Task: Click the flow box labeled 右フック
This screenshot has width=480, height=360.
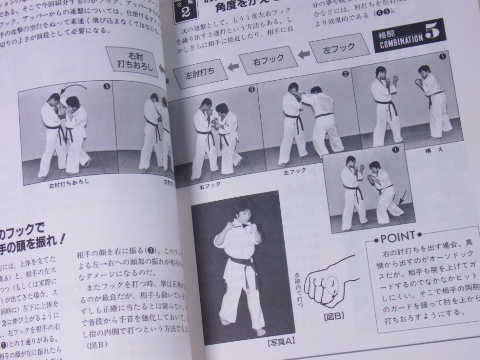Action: (x=267, y=60)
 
